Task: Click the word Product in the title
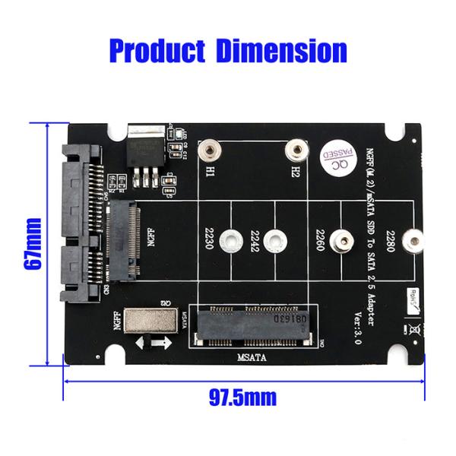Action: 157,51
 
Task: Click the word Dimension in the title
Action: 281,51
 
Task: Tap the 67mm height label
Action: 33,243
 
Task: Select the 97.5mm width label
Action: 242,397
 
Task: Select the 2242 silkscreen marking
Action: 255,242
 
